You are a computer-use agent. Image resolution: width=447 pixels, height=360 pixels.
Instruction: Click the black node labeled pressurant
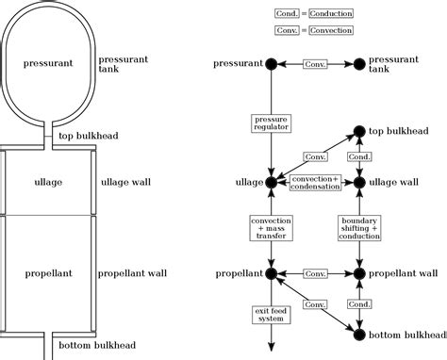(x=271, y=64)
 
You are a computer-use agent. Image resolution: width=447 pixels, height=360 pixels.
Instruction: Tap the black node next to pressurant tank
(x=358, y=64)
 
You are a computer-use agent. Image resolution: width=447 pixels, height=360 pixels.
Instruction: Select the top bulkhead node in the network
(x=358, y=133)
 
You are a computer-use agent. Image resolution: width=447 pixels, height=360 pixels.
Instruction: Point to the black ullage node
(x=271, y=181)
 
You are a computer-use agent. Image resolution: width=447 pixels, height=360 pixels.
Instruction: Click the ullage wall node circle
(x=358, y=181)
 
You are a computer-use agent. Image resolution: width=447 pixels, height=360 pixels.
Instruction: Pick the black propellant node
(x=271, y=273)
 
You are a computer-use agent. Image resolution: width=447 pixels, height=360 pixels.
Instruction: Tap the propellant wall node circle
(x=358, y=273)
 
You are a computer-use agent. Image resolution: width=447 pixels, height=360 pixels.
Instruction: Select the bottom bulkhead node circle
(x=358, y=333)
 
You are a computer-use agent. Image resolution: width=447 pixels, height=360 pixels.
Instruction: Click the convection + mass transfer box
(x=271, y=227)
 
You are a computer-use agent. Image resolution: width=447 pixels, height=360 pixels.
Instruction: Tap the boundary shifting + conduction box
(x=358, y=227)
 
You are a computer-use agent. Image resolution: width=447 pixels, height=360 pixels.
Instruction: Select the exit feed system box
(x=271, y=315)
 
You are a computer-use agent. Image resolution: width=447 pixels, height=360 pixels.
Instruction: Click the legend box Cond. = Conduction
(x=314, y=14)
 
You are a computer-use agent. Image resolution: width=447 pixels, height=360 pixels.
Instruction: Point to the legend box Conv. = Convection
(x=314, y=31)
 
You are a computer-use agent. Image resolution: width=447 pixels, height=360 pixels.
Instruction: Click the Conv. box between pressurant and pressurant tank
(x=314, y=64)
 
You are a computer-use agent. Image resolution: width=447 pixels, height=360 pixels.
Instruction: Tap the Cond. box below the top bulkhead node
(x=358, y=156)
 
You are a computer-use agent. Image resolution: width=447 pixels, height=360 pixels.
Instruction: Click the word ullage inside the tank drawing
(x=48, y=181)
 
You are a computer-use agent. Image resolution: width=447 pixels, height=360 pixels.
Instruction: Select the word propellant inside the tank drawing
(x=48, y=273)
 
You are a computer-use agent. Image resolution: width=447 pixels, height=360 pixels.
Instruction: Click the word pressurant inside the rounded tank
(x=48, y=64)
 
